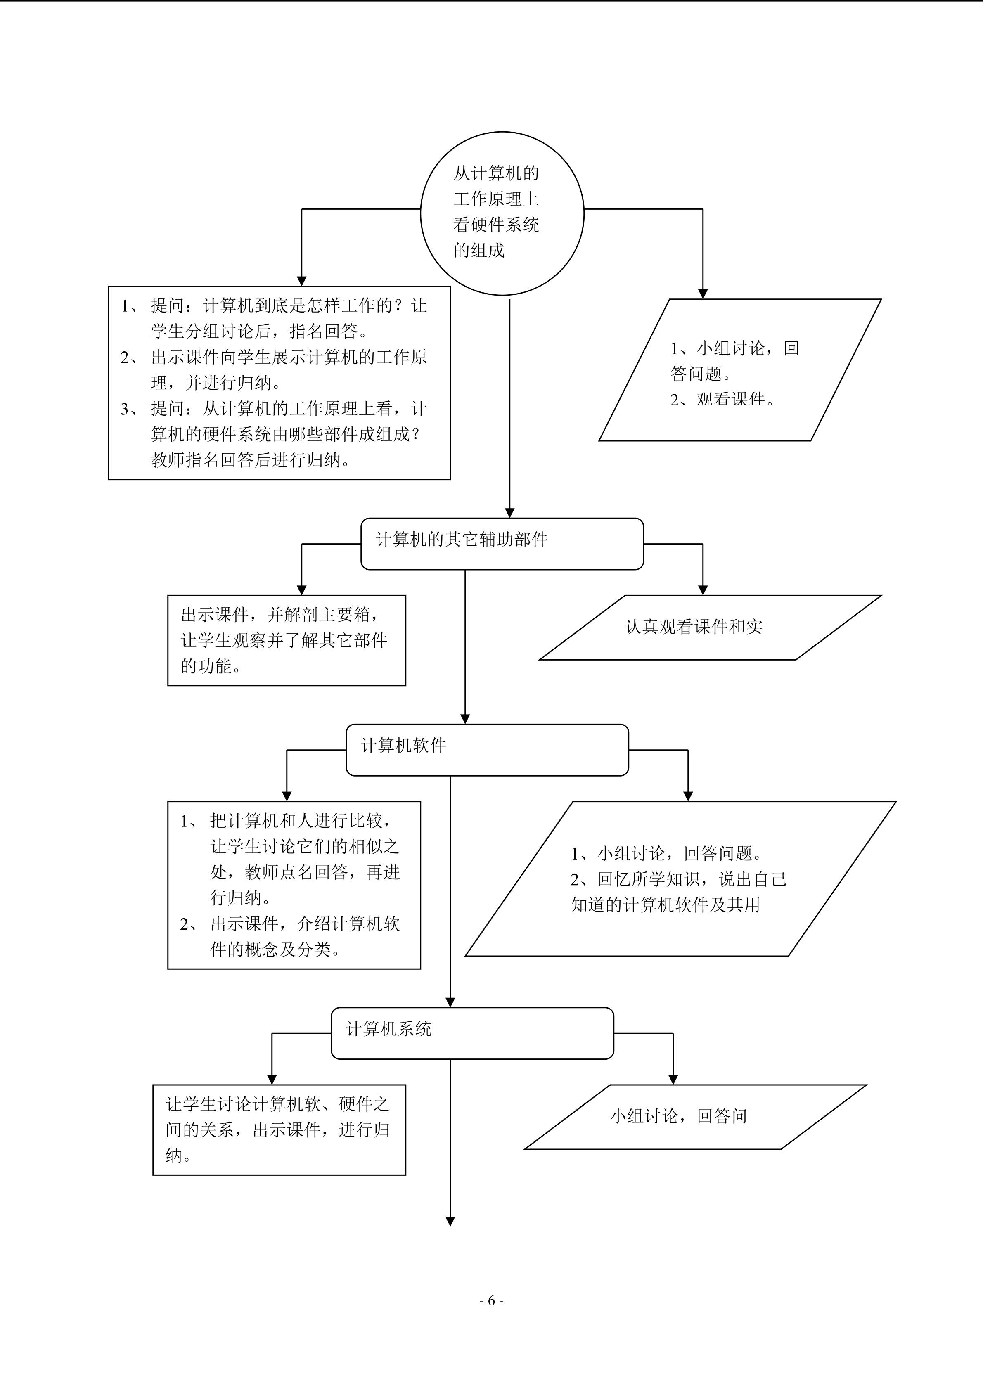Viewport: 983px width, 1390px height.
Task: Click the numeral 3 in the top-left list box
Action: coord(125,409)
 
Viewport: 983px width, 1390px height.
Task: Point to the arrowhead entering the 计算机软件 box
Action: coord(465,719)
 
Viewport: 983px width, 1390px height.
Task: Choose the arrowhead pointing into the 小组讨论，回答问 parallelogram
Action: coord(673,1080)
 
